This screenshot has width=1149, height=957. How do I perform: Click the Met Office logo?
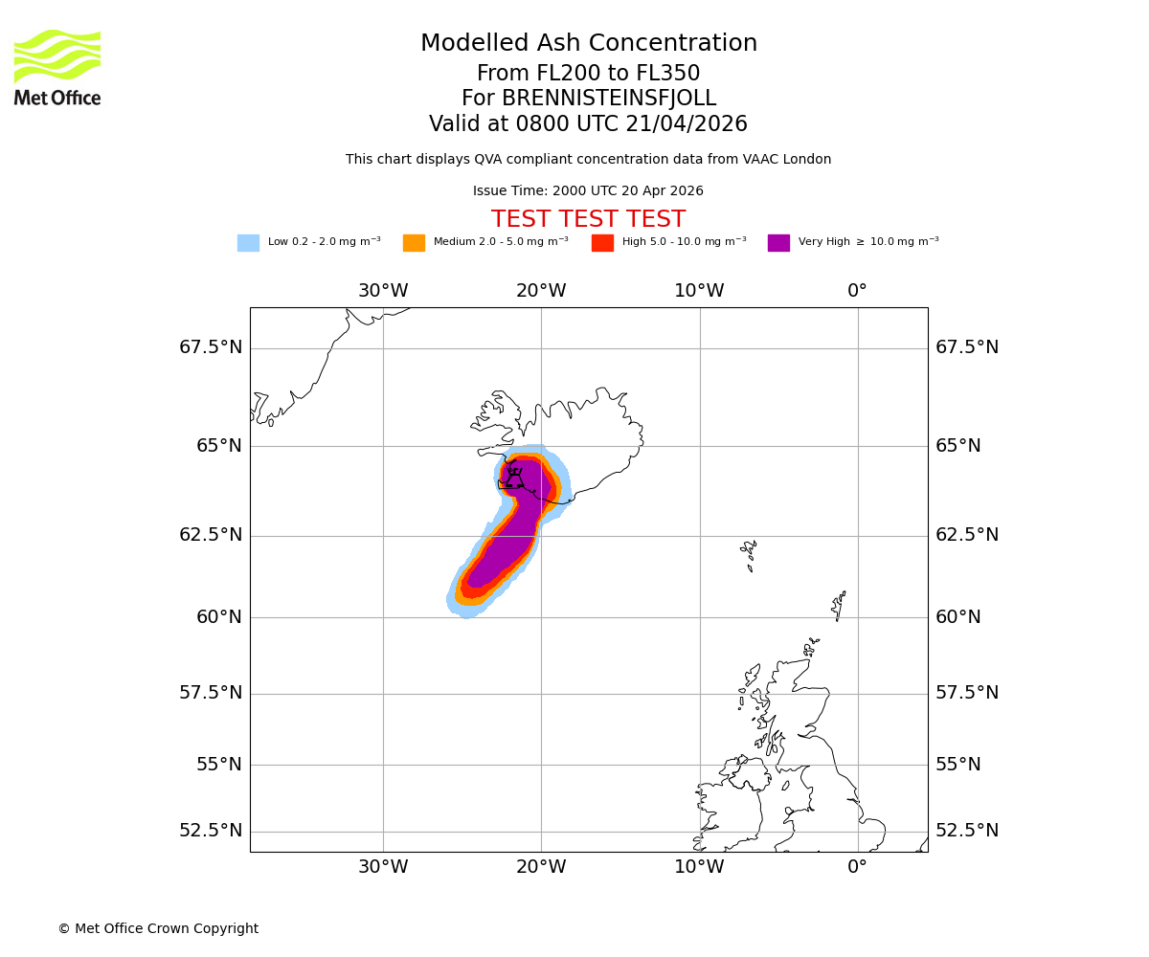(x=57, y=67)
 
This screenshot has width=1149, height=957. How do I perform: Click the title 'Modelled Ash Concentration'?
(x=589, y=44)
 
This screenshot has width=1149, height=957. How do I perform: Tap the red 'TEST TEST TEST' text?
(x=588, y=220)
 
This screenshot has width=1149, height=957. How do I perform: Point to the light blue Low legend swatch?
(x=248, y=243)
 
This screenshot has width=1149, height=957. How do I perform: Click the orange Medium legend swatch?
(x=414, y=243)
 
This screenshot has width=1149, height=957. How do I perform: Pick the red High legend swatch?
(x=602, y=243)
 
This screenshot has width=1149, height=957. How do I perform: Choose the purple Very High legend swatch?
(x=778, y=243)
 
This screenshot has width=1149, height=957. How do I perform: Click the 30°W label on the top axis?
(x=383, y=291)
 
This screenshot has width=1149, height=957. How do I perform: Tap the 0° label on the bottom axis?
(x=857, y=867)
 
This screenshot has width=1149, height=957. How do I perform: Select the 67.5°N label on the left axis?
(x=211, y=347)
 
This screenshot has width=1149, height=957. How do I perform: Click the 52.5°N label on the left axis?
(x=211, y=831)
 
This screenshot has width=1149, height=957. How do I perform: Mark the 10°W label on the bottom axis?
(x=699, y=867)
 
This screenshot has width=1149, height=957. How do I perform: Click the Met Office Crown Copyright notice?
(x=158, y=929)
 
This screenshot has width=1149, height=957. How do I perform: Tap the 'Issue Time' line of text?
(x=588, y=191)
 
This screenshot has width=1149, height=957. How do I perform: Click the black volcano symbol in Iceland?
(x=514, y=477)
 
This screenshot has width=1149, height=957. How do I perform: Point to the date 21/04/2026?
(x=687, y=124)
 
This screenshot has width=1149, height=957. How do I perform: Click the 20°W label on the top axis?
(x=541, y=291)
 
